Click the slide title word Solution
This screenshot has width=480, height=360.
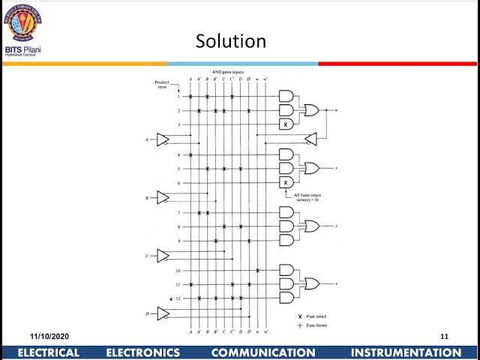coord(230,40)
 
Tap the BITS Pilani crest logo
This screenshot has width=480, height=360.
coord(23,24)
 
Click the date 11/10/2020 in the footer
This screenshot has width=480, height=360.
coord(49,336)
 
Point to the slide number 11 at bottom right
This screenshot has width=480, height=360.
coord(444,336)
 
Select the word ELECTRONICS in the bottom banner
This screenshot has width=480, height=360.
coord(143,352)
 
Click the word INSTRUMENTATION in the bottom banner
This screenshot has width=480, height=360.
coord(406,352)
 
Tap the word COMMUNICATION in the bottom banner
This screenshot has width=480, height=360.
coord(263,352)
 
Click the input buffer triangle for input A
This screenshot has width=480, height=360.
coord(163,139)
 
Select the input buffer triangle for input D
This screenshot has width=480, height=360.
coord(163,313)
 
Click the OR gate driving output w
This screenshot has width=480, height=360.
coord(310,110)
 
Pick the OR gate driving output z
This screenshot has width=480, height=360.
coord(310,283)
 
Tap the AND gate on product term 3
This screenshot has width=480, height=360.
coord(286,124)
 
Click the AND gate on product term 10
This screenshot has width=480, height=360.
coord(286,269)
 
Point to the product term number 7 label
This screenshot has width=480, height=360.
coord(178,212)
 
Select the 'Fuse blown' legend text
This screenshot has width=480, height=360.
coord(316,325)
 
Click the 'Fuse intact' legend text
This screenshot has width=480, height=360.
coord(316,317)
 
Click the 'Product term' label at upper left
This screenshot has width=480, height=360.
coord(161,83)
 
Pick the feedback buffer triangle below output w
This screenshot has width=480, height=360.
coord(310,139)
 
